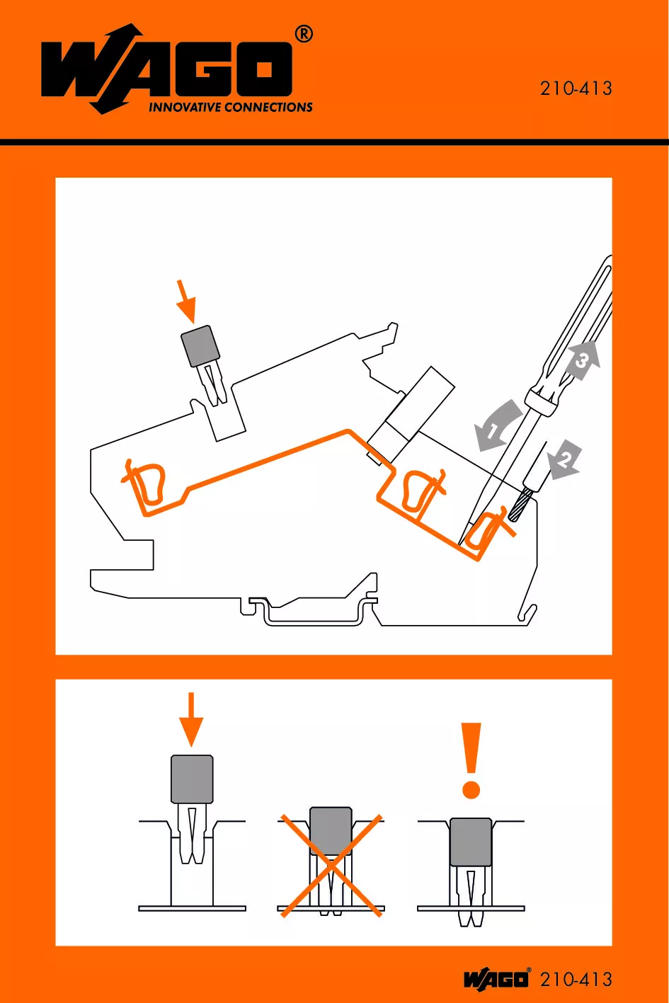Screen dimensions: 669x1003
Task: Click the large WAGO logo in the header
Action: tap(166, 68)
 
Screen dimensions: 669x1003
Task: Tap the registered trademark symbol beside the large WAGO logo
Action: tap(304, 35)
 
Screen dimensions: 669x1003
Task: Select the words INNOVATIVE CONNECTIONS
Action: tap(230, 107)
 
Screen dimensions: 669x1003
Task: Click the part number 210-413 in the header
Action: tap(576, 88)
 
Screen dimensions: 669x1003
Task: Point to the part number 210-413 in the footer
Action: tap(576, 980)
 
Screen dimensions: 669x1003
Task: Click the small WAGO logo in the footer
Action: tap(497, 978)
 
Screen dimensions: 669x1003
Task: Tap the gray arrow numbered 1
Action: tap(497, 425)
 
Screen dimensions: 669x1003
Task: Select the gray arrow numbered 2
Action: tap(565, 460)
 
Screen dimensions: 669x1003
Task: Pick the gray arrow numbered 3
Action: tap(582, 360)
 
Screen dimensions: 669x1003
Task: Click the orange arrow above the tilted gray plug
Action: tap(185, 301)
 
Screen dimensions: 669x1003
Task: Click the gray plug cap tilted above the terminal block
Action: tap(200, 345)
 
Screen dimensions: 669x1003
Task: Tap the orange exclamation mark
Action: tap(471, 760)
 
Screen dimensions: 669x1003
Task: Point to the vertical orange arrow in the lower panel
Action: tap(191, 720)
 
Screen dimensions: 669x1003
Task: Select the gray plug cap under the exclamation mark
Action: tap(471, 842)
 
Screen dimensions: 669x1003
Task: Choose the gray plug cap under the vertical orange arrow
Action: tap(192, 779)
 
